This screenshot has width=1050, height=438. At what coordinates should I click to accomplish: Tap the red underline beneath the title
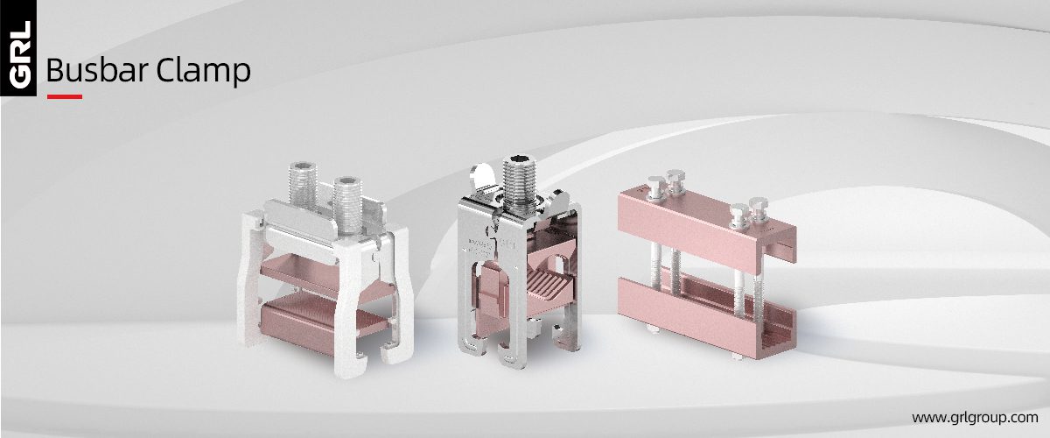[x=65, y=96]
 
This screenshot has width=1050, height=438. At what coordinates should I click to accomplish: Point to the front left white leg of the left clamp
[x=253, y=298]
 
